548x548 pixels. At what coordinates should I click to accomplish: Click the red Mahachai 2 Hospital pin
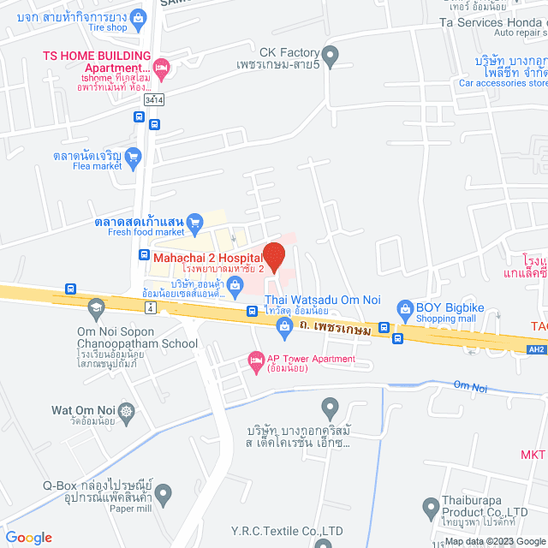click(x=273, y=256)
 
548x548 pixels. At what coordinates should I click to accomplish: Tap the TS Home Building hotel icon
click(x=164, y=66)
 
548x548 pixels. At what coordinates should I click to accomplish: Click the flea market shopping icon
click(x=132, y=157)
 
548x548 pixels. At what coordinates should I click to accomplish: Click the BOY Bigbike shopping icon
click(x=404, y=307)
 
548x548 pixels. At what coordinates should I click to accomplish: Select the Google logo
click(x=29, y=537)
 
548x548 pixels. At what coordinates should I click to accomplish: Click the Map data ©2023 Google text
click(x=495, y=541)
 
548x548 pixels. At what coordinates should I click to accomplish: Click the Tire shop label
click(x=105, y=27)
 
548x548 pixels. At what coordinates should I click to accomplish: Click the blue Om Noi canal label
click(x=470, y=388)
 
